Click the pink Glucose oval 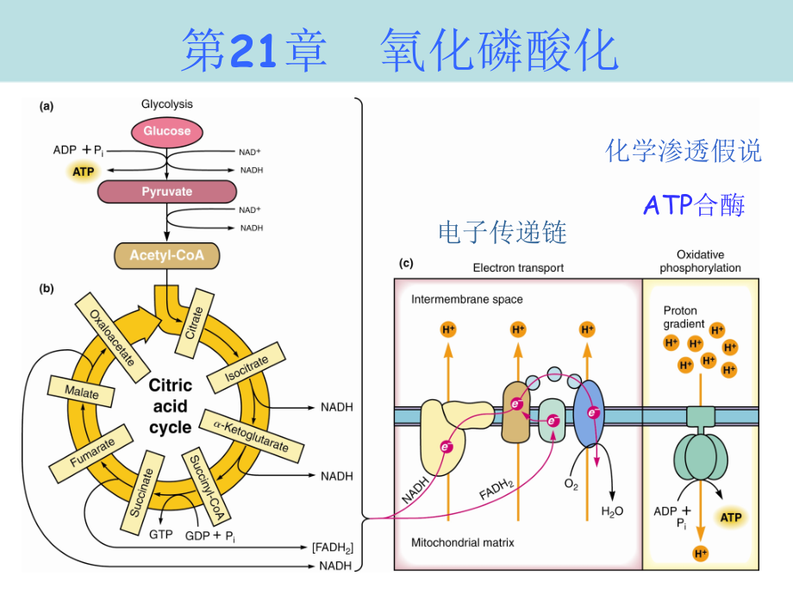coord(167,131)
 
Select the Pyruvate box coord(166,191)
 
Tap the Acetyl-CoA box coord(166,255)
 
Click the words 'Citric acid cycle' coord(170,405)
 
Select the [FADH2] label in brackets coord(332,548)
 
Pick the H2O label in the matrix coord(611,511)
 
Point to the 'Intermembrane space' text coord(466,300)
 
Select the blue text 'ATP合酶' coord(694,204)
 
